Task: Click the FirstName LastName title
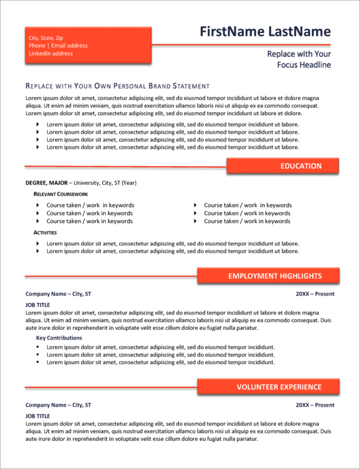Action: click(265, 32)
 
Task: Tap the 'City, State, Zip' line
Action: click(46, 38)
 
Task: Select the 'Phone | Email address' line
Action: click(58, 46)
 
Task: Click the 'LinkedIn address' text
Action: click(50, 53)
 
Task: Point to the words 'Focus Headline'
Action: click(304, 65)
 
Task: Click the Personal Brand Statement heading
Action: click(118, 86)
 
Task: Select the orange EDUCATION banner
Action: click(283, 166)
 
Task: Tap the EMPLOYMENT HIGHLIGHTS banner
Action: click(268, 276)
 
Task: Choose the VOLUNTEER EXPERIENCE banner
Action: click(268, 387)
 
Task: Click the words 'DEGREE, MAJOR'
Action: click(46, 183)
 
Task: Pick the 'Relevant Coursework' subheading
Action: click(61, 194)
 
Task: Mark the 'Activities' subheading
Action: click(45, 232)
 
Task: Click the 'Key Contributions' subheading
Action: click(59, 338)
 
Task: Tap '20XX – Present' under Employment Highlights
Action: click(315, 294)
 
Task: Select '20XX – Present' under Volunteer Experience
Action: click(315, 405)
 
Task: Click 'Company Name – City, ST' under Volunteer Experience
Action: click(58, 405)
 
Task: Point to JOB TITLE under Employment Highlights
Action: click(38, 305)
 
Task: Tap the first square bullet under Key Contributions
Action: click(37, 347)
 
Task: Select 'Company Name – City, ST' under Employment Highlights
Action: click(58, 294)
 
